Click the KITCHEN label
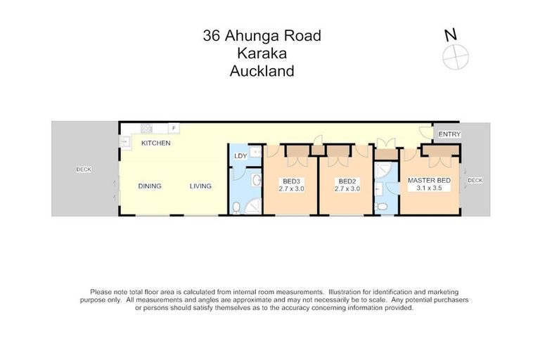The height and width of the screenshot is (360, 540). point(156,143)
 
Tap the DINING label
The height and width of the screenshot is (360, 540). point(149,186)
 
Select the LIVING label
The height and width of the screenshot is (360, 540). point(200,186)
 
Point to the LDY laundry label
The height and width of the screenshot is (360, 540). point(240,157)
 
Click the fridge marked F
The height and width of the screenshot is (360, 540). point(174,128)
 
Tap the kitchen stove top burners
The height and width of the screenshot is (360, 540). point(147,128)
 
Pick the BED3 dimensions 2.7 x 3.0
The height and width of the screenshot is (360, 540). point(291,188)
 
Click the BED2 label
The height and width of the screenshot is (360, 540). point(345,181)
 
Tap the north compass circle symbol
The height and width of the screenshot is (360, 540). point(456,55)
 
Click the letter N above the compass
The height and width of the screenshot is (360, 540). point(450,34)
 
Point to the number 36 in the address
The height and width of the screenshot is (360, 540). point(210,36)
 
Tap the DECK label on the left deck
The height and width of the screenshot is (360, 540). point(84,169)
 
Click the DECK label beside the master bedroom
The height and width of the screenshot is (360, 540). point(475,181)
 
